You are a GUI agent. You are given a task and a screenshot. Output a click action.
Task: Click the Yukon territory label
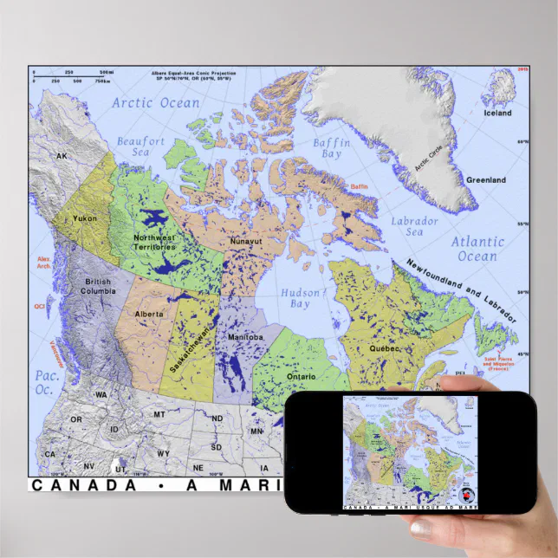coord(85,218)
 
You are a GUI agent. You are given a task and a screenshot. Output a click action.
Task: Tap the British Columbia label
coord(99,286)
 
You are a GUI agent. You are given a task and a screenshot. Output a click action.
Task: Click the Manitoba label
coord(245,335)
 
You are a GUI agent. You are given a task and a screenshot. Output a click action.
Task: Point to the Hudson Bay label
coord(300,299)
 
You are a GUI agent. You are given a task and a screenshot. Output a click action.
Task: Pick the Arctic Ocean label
coord(156,103)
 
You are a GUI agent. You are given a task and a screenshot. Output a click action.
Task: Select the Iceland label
coord(497,113)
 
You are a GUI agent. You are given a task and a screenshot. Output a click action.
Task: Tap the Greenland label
coord(486,180)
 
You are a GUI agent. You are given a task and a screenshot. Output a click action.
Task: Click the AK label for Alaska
coord(62,156)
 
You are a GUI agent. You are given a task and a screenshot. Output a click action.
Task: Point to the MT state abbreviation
coord(159,415)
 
